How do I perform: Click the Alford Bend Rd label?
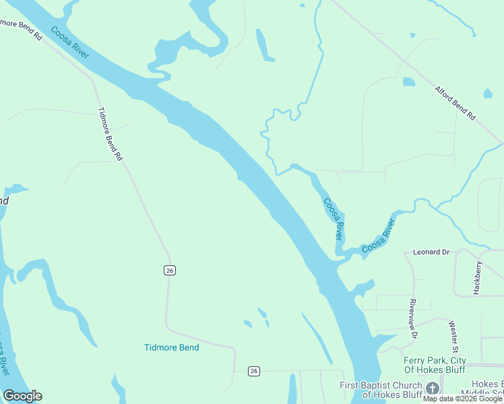455,102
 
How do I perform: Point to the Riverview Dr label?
413,318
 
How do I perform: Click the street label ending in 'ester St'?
453,336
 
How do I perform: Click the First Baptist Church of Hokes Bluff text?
381,389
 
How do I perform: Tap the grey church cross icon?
433,389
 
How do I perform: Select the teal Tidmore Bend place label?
172,347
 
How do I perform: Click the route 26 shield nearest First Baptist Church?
253,371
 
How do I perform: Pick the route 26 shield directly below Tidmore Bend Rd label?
169,270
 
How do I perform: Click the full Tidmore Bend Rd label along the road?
111,134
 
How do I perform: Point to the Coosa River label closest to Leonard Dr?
378,236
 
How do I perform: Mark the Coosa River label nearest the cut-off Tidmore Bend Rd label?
69,42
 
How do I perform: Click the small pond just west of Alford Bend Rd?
409,82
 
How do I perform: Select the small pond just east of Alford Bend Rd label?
488,94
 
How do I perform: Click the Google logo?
23,396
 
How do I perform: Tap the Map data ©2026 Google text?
462,399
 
